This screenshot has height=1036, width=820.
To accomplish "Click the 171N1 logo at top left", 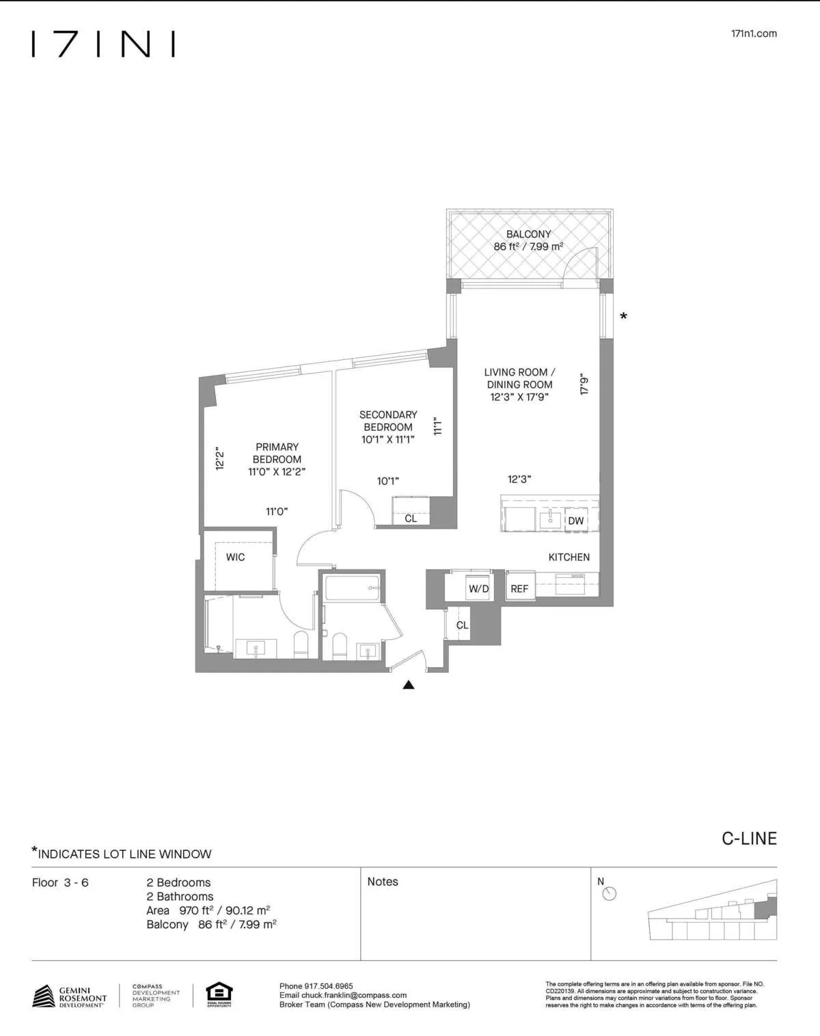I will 103,44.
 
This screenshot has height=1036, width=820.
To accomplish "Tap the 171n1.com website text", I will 753,33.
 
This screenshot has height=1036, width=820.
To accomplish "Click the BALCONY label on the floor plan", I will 528,234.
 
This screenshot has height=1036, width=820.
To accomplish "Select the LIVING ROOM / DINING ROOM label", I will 519,384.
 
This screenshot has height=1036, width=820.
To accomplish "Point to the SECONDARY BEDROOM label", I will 388,427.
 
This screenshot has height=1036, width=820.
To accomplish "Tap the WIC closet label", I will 235,557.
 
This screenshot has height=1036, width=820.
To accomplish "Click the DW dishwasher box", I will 576,520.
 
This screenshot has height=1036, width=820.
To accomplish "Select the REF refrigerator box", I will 519,589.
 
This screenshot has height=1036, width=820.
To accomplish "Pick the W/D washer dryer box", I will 478,589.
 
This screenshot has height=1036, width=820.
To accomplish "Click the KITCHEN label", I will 569,557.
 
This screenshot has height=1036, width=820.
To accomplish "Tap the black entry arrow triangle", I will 409,685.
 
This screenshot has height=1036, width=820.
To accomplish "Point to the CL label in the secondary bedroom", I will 410,518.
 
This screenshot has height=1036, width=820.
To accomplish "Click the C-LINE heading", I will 749,839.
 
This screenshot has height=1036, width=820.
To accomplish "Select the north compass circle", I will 610,894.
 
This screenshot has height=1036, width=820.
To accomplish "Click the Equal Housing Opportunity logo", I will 219,994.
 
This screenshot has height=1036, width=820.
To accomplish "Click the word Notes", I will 383,882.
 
